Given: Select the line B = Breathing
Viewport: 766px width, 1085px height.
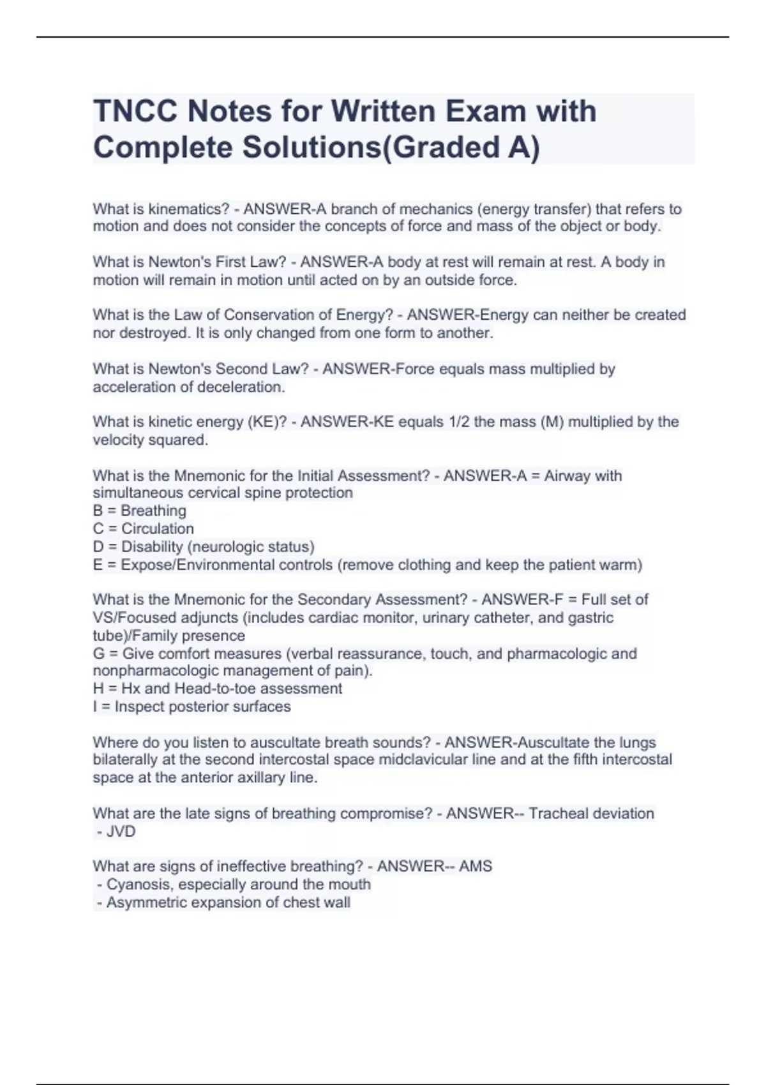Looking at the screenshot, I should coord(140,511).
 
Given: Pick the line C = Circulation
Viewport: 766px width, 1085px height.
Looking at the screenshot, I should coord(144,528).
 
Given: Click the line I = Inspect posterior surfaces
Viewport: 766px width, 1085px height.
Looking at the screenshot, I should coord(192,707).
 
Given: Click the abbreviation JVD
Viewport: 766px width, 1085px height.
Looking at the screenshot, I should coord(121,832).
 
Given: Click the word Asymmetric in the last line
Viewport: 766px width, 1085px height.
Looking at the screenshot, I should coord(145,902).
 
